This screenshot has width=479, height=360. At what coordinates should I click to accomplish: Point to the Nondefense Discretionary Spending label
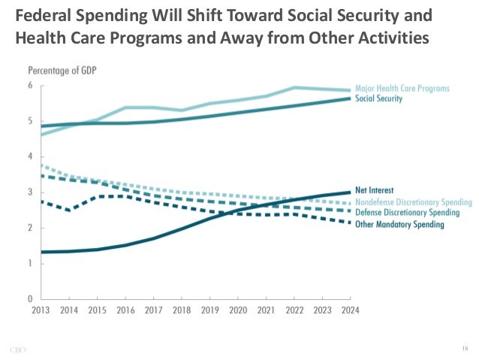(x=414, y=202)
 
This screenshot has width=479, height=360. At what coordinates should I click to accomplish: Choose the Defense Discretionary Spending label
(x=408, y=213)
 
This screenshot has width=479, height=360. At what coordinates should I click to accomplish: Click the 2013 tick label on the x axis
(x=41, y=309)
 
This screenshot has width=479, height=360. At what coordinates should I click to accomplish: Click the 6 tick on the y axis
(x=30, y=86)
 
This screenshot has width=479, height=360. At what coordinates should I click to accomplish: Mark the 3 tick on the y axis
(x=30, y=192)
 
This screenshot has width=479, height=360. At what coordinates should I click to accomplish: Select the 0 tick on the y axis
(x=30, y=298)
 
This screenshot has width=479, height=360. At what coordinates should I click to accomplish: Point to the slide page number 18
(x=464, y=347)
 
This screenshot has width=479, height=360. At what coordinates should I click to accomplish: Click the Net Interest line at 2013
(x=41, y=252)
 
